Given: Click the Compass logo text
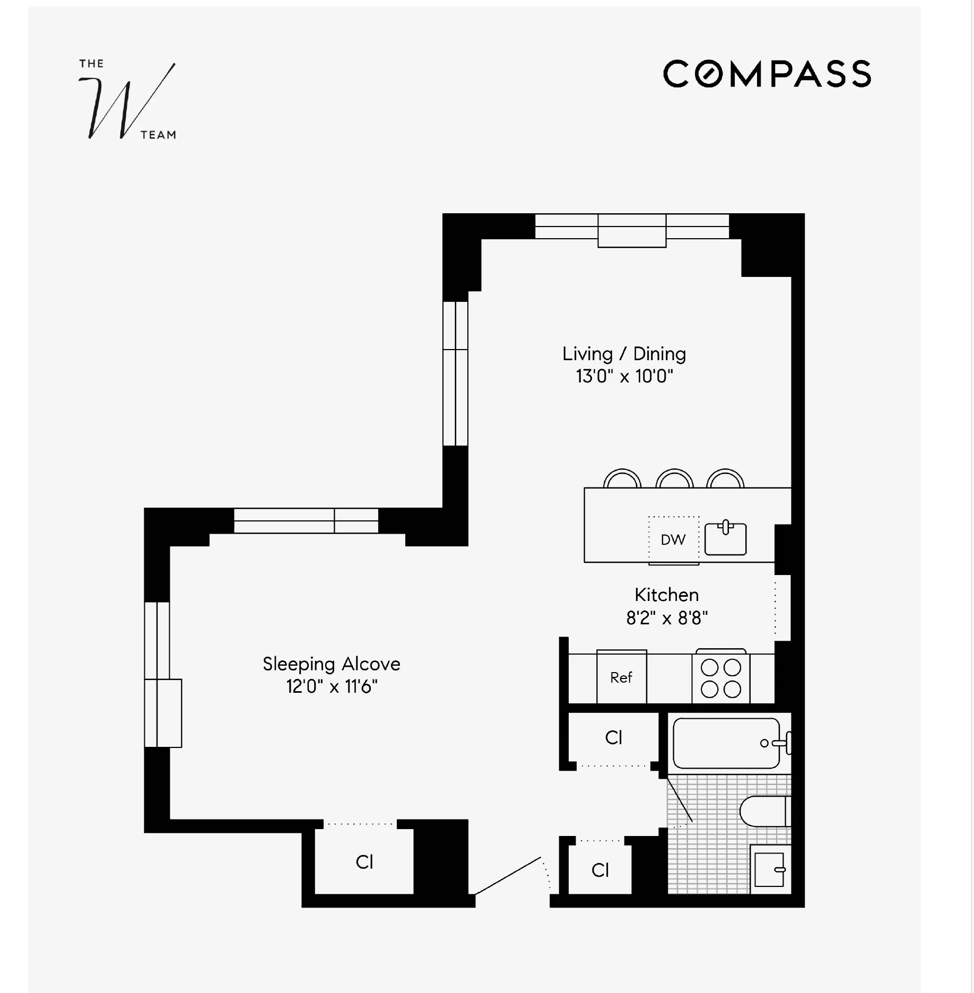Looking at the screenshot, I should point(767,74).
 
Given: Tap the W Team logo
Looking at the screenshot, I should point(127,101).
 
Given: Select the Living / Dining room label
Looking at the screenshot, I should point(624,354).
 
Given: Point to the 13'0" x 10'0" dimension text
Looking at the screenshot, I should point(624,377).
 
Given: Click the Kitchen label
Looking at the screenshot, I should point(666,595).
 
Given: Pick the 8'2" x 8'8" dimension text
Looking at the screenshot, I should point(666,619).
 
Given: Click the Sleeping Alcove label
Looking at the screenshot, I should point(331,664).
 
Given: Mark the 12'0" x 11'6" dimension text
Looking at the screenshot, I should point(331,687).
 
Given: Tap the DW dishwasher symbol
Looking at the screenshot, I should point(673,539).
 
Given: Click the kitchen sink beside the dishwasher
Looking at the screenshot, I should point(725,539).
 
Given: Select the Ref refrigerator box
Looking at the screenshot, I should point(621,677).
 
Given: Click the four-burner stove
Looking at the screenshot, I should point(720,678).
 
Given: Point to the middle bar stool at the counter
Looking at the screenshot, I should point(674,478).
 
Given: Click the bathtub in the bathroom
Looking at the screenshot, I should point(726,743).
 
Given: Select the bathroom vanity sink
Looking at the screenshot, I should point(768,869).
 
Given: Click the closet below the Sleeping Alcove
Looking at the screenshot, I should point(364,862).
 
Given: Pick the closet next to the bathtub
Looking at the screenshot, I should point(613,738).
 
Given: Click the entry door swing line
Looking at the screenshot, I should point(508,876).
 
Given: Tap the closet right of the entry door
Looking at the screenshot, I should point(600,870).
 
